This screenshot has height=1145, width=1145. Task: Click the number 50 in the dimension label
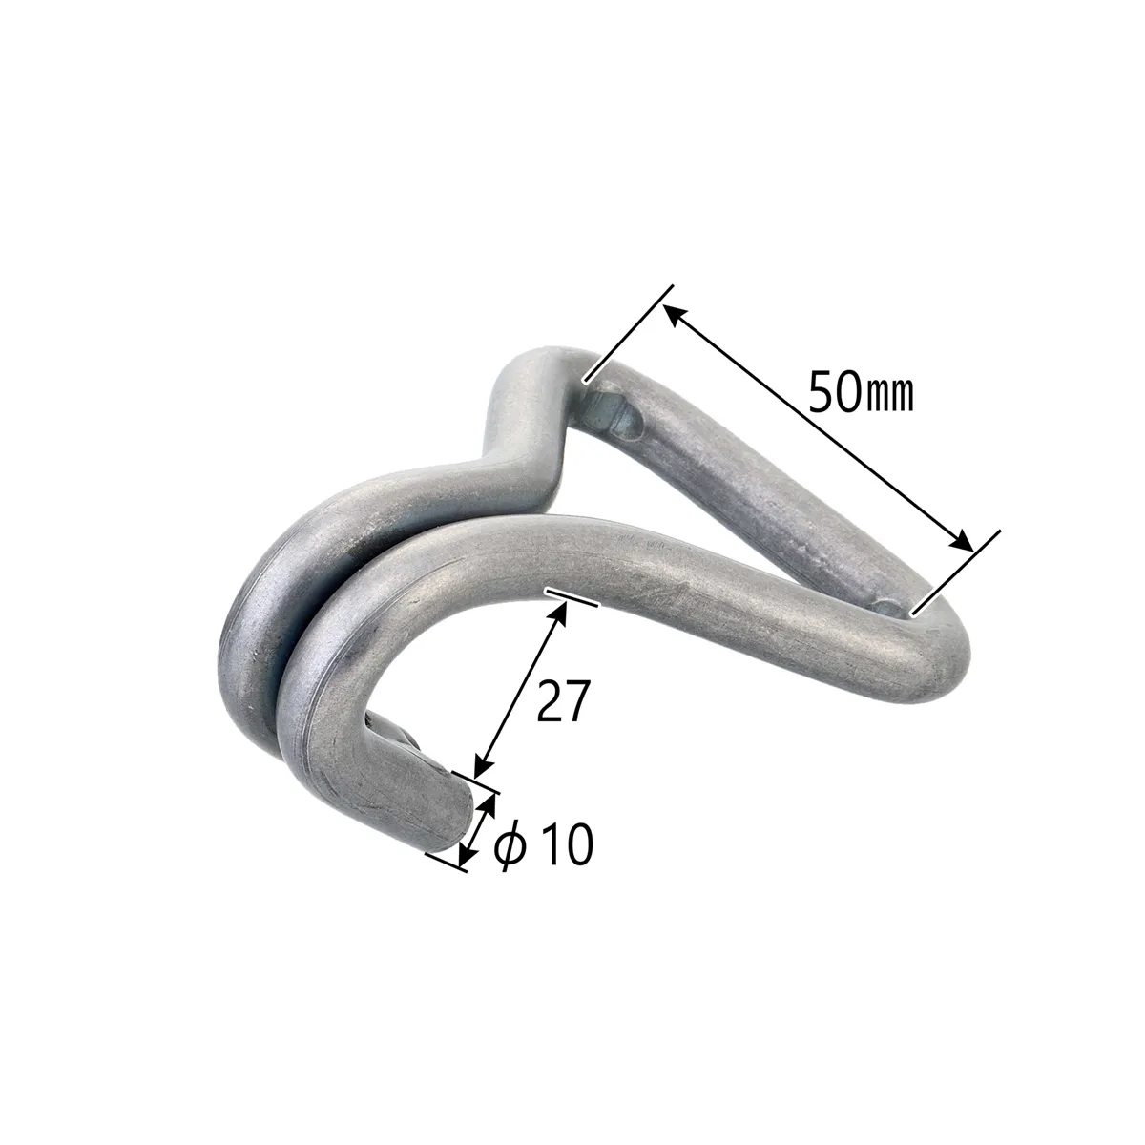coord(834,391)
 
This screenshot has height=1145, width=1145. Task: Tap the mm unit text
coord(887,394)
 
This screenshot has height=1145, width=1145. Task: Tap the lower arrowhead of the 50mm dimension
coord(960,542)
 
